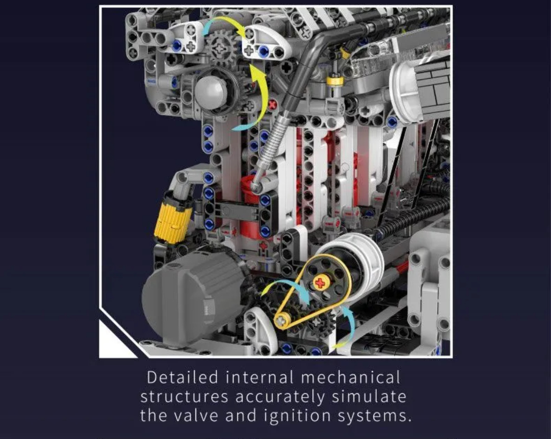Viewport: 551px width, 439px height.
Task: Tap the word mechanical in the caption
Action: coord(350,378)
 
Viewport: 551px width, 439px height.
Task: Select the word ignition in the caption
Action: coord(297,416)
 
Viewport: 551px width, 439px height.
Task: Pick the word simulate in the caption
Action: coord(369,397)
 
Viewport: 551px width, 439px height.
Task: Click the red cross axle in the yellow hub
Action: coord(320,283)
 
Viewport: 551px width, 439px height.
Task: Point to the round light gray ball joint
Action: coord(211,90)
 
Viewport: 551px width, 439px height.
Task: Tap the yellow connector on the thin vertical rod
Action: coord(334,81)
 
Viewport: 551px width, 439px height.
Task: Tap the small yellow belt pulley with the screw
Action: coord(282,320)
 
